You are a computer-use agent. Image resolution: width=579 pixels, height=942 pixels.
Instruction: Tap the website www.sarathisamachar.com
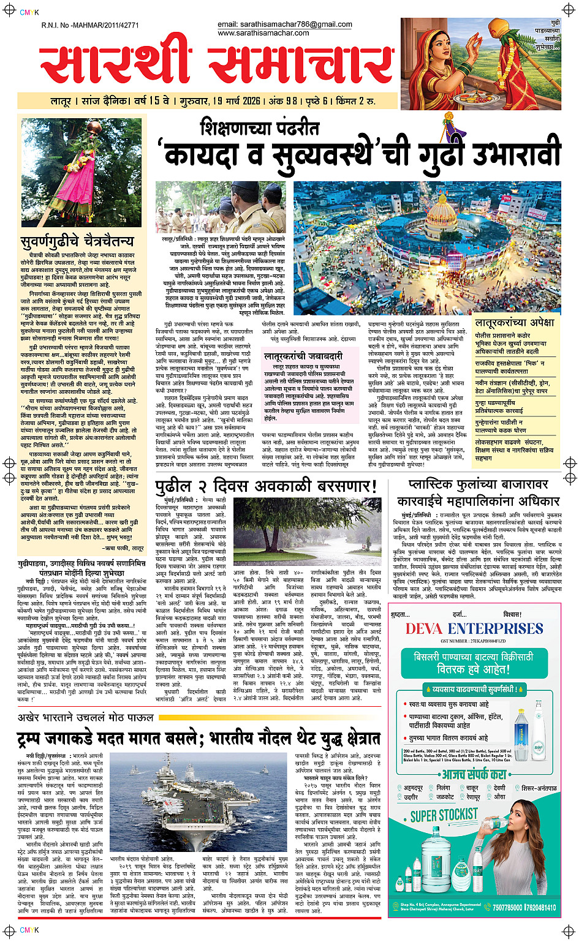tap(263, 33)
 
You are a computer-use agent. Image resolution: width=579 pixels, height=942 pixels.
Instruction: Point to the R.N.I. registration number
tap(90, 25)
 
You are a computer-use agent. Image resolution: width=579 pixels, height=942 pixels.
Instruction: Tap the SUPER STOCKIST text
tap(444, 815)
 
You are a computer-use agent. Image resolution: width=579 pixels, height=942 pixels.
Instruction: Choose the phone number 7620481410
tap(541, 908)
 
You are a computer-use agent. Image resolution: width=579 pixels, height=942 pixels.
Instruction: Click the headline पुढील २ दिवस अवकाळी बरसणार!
tap(265, 486)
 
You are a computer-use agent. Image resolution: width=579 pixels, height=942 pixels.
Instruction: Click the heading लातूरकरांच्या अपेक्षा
tap(514, 323)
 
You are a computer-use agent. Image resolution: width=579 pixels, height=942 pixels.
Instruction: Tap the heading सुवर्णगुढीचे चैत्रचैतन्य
tap(77, 241)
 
